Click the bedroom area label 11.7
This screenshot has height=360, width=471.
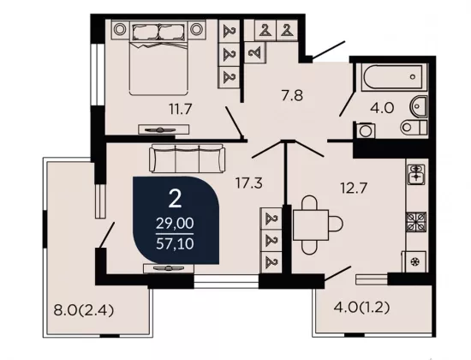click(180, 109)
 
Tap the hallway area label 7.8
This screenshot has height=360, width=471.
click(292, 96)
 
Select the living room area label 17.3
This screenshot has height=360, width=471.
click(249, 183)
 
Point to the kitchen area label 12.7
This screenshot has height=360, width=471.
click(354, 189)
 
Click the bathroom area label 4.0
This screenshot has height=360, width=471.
click(382, 108)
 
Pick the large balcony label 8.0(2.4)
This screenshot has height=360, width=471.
click(84, 310)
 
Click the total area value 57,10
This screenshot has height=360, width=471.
click(175, 243)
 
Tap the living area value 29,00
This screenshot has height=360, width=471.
click(175, 224)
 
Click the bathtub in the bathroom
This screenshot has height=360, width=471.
click(393, 76)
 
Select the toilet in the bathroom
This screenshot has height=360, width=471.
click(414, 127)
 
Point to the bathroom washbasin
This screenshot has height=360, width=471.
click(419, 106)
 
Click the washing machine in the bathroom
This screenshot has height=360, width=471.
click(366, 130)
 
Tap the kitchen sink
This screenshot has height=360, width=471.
click(416, 174)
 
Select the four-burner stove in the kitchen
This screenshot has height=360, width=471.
click(416, 222)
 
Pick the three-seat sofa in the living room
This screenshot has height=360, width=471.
click(188, 159)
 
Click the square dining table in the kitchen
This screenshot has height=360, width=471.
click(311, 225)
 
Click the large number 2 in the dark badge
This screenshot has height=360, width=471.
click(175, 199)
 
